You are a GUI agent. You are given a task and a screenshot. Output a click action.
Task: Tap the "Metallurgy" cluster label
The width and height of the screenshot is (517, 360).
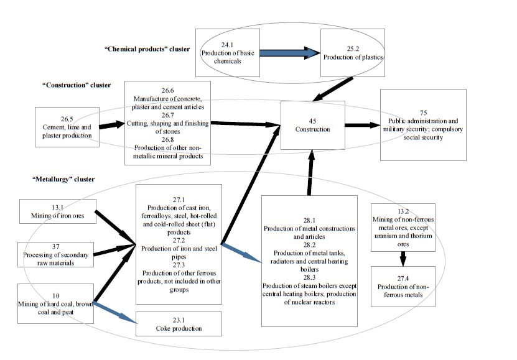click(62, 179)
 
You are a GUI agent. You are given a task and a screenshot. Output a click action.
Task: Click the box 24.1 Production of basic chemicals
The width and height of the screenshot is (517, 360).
click(227, 53)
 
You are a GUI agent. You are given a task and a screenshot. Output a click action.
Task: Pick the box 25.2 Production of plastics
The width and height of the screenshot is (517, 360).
click(353, 52)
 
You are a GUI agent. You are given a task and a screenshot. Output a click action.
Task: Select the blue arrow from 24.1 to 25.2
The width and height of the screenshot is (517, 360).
click(289, 53)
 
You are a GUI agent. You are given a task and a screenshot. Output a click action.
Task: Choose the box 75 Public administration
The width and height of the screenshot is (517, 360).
click(423, 124)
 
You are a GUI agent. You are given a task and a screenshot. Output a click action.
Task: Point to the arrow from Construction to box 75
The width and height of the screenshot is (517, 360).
click(362, 125)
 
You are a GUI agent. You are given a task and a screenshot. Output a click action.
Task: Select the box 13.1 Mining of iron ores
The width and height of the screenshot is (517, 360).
click(57, 213)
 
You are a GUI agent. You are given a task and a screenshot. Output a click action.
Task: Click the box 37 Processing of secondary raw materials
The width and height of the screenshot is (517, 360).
click(57, 254)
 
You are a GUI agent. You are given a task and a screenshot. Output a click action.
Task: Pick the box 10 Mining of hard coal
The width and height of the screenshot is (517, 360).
click(57, 303)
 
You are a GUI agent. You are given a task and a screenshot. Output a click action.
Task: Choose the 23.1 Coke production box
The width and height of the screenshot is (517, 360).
click(179, 325)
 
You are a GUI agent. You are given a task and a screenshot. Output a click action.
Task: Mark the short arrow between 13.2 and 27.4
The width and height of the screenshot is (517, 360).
click(402, 257)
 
